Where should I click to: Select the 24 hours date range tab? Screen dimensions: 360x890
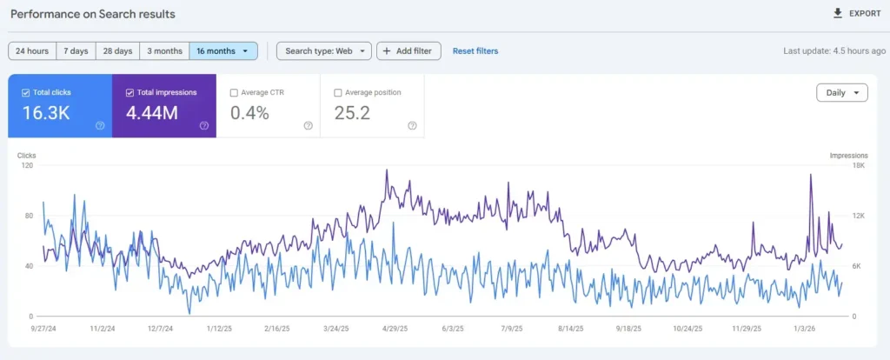tap(32, 51)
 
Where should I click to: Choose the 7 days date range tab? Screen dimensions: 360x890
tap(76, 51)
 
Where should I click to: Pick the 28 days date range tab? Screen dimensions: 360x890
tap(116, 51)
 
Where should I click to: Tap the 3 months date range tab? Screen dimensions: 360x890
tap(164, 51)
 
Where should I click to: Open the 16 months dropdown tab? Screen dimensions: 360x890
tap(222, 51)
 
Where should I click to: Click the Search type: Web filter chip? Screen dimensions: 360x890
tap(324, 51)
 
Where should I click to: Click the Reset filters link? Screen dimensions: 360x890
tap(475, 51)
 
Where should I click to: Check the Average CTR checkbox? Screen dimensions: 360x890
tap(235, 92)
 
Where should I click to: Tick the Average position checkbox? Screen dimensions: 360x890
tap(339, 92)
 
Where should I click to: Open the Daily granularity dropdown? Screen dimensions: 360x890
tap(841, 93)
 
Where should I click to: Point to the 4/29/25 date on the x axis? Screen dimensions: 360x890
tap(395, 329)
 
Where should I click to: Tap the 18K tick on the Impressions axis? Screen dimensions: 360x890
tap(858, 164)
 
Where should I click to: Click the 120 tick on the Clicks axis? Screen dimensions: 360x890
tap(27, 164)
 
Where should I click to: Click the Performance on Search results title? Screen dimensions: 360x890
tap(93, 15)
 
